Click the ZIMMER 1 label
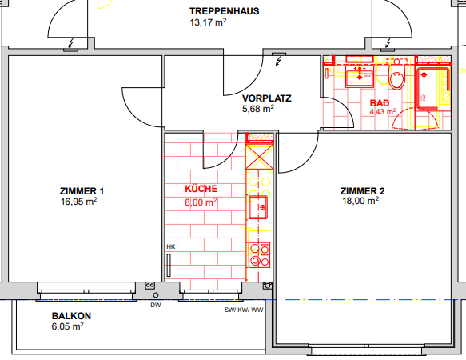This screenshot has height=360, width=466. click(x=82, y=191)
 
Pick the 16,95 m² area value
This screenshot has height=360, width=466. click(x=78, y=202)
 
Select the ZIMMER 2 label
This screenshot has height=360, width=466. click(x=362, y=191)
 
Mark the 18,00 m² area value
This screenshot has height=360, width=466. click(x=359, y=202)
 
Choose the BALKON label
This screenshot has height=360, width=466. click(x=71, y=316)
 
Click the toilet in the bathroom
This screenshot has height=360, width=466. click(x=396, y=79)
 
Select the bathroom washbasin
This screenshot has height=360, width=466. click(x=359, y=76)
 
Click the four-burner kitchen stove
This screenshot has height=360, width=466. click(x=259, y=254)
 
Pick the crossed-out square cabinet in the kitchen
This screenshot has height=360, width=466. click(x=259, y=154)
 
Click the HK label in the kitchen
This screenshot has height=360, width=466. click(x=170, y=247)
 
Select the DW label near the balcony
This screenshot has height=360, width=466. click(x=155, y=304)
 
